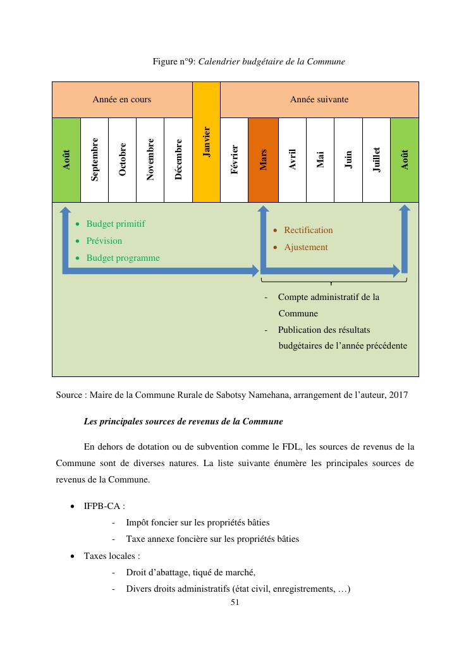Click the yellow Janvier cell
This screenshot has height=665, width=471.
[x=206, y=142]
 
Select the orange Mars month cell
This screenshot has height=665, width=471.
[x=263, y=160]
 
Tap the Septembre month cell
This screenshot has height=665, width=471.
[x=95, y=160]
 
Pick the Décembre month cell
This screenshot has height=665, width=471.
[x=178, y=160]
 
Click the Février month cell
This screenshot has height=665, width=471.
[x=235, y=160]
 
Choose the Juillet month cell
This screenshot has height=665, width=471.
[x=376, y=160]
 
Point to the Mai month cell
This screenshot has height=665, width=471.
[x=320, y=160]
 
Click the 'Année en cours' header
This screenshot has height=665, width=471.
[x=122, y=100]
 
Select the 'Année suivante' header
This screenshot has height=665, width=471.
[x=319, y=100]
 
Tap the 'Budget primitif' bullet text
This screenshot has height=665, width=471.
[x=116, y=224]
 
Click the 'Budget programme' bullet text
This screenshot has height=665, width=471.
[x=123, y=258]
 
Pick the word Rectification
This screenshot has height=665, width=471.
[x=308, y=230]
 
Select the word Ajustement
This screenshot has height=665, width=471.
[x=305, y=247]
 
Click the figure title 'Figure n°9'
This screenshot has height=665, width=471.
[x=174, y=62]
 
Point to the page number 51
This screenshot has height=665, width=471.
[x=235, y=602]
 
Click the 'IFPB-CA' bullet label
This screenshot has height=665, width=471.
[x=104, y=506]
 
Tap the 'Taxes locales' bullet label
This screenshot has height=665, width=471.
[x=111, y=556]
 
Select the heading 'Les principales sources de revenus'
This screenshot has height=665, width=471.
[x=183, y=421]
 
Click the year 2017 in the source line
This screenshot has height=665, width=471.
[x=398, y=395]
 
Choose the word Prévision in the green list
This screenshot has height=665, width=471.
[x=104, y=241]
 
